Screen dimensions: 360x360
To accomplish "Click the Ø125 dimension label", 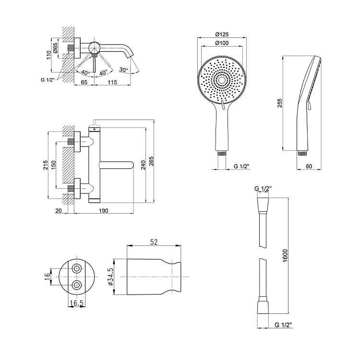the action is point(222,35).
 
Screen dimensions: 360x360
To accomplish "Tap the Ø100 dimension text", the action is point(222,43).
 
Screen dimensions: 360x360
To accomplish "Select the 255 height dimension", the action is point(279,103).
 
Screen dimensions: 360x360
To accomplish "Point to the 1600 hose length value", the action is point(285,255).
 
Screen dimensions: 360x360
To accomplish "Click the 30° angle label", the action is point(123,70).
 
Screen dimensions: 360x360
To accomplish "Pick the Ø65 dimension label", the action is point(55,48).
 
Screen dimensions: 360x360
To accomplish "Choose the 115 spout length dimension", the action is point(112,82).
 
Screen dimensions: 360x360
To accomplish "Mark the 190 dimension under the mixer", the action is point(104,211).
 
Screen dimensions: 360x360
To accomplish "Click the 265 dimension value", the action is point(151,161).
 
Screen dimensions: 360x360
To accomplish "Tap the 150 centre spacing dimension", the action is point(53,165).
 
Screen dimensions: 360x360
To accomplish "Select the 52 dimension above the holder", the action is point(154,242).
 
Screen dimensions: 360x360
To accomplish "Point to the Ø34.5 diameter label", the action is point(111,276).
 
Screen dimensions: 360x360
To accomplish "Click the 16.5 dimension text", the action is point(77,303).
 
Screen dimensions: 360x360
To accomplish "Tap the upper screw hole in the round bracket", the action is point(77,268).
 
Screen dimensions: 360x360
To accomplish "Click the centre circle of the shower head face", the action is point(222,80).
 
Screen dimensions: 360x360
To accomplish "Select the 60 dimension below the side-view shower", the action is point(309,166).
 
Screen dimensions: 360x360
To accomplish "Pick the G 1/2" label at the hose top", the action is point(263,189).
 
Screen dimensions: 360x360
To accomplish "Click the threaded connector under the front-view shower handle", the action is point(222,153).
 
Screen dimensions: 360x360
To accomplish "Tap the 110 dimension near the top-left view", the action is point(48,55).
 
